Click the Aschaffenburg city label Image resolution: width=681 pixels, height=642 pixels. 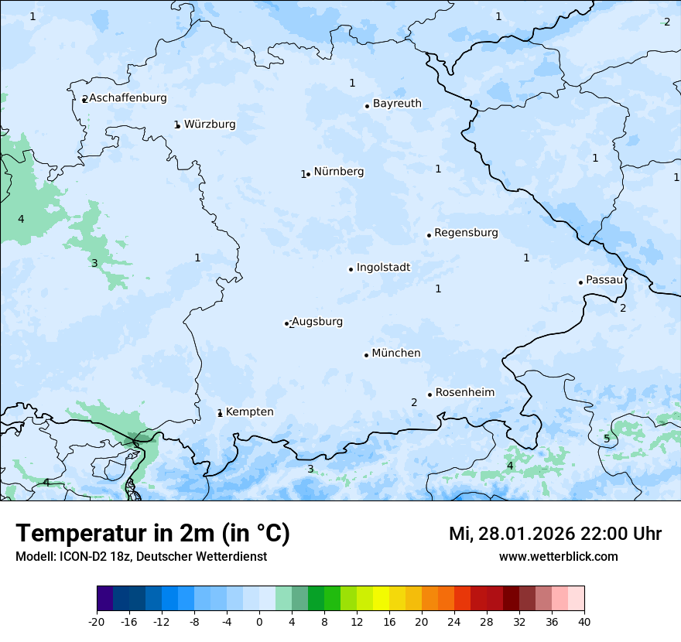[x=128, y=98]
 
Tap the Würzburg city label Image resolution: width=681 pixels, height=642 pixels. [x=210, y=124]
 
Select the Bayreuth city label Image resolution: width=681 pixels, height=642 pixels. [x=397, y=103]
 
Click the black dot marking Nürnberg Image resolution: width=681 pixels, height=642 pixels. [x=308, y=174]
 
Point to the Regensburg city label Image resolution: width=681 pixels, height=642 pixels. [x=466, y=232]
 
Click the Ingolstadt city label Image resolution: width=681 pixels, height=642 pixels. [x=383, y=268]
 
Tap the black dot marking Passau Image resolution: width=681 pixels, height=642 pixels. [x=580, y=282]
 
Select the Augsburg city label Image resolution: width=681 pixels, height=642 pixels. [x=317, y=321]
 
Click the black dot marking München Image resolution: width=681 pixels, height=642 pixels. [x=366, y=355]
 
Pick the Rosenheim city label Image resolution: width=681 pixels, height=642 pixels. [x=464, y=392]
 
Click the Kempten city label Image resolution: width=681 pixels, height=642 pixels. [x=249, y=411]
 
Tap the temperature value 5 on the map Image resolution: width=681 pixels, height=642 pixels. [x=607, y=439]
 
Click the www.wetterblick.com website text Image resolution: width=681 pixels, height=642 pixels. [x=558, y=556]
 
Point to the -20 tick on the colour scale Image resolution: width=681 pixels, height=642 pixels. [x=97, y=621]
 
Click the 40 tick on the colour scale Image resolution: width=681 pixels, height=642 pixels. [x=583, y=621]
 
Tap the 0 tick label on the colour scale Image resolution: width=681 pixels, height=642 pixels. [x=259, y=621]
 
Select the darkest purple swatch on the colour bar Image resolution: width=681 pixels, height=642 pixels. [x=104, y=599]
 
